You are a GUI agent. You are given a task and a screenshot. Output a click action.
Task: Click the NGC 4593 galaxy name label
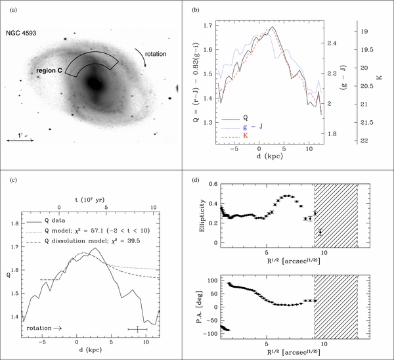click(21, 33)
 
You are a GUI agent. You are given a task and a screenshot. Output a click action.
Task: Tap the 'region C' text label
click(49, 71)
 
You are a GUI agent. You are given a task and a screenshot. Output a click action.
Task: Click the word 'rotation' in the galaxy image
click(156, 54)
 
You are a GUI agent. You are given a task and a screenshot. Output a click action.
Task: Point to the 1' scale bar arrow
click(20, 141)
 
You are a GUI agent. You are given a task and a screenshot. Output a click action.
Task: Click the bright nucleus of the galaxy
click(95, 83)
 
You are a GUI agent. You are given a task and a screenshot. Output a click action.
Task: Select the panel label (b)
click(196, 11)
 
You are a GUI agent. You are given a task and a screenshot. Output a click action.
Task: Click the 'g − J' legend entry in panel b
click(253, 126)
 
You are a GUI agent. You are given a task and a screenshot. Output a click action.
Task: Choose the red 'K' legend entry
click(245, 135)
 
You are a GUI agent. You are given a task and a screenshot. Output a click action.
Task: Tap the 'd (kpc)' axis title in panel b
click(270, 156)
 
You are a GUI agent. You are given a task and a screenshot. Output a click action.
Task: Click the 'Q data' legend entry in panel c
click(55, 221)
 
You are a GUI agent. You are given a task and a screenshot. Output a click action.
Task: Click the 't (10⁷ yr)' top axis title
click(90, 200)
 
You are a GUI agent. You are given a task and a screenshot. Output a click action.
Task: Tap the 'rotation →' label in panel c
click(44, 328)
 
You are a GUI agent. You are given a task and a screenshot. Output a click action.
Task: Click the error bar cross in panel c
click(137, 329)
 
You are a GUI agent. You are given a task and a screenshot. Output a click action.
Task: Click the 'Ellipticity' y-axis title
click(202, 216)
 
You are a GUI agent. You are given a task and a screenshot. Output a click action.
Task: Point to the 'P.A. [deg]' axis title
click(202, 307)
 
